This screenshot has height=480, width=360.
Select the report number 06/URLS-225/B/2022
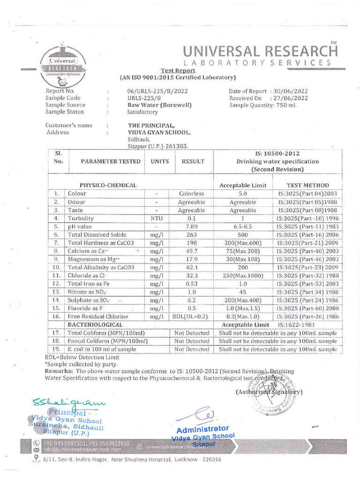pyautogui.click(x=157, y=91)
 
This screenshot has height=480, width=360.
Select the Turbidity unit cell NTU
pyautogui.click(x=156, y=218)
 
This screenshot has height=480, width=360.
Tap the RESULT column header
pyautogui.click(x=193, y=161)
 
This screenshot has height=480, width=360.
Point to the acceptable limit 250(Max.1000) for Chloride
pyautogui.click(x=243, y=276)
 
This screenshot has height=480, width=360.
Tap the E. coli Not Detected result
pyautogui.click(x=191, y=349)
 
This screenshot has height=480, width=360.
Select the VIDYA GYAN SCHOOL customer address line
pyautogui.click(x=159, y=133)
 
